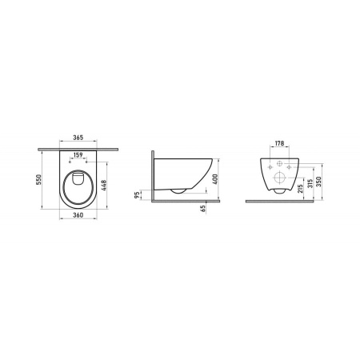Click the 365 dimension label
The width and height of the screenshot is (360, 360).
click(78, 137)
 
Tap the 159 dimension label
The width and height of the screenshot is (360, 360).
click(78, 154)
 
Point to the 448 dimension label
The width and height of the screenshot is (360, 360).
click(116, 190)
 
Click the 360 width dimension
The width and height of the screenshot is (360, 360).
click(78, 216)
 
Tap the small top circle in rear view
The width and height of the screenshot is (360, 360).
click(280, 161)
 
